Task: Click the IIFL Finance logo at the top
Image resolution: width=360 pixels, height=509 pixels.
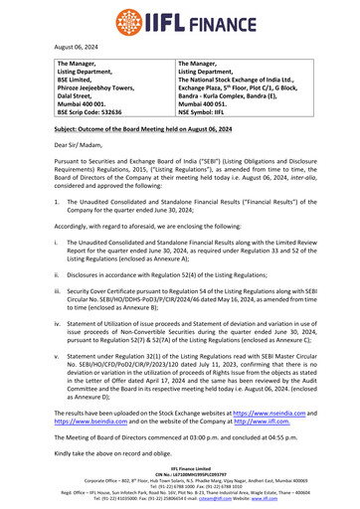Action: point(180,18)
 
